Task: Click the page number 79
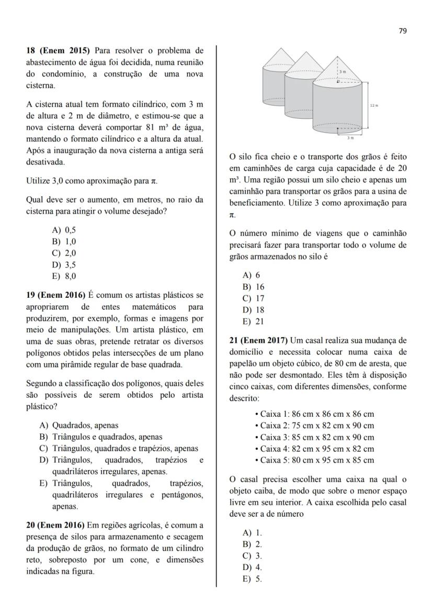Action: point(402,31)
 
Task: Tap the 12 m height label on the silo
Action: point(373,106)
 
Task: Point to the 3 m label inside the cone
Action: point(343,71)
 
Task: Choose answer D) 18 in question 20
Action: point(254,309)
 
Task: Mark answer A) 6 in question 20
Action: point(252,275)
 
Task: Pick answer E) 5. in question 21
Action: point(253,578)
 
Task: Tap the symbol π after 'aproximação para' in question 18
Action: point(154,181)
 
